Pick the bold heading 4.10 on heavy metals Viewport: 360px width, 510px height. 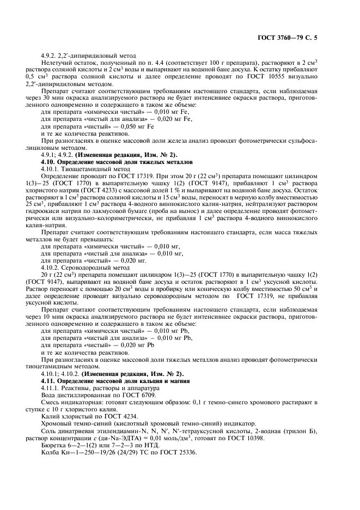(x=117, y=162)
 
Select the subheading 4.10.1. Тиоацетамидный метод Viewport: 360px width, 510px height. (x=86, y=169)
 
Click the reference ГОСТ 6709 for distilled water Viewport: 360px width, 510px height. (x=135, y=395)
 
